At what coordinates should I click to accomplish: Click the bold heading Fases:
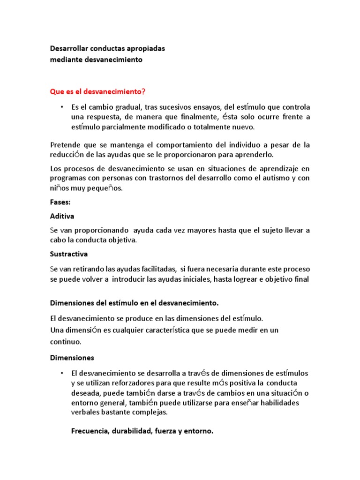pos(60,202)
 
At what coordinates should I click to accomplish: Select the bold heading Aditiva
pos(62,217)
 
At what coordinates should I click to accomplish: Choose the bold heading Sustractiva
pos(69,255)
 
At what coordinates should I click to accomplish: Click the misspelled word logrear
pos(239,279)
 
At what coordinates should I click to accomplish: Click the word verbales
pos(86,413)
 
